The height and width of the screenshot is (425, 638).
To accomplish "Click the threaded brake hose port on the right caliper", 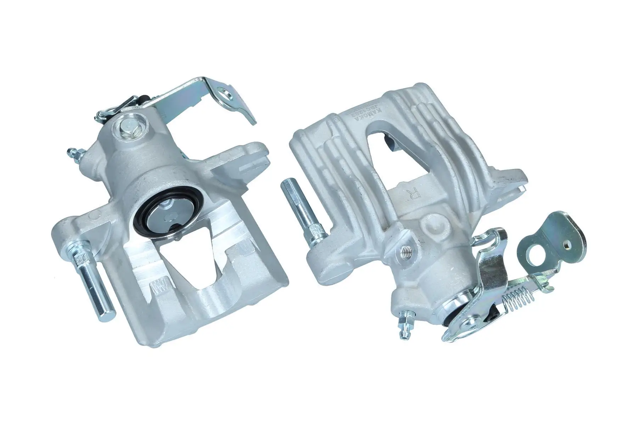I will pyautogui.click(x=407, y=251).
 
